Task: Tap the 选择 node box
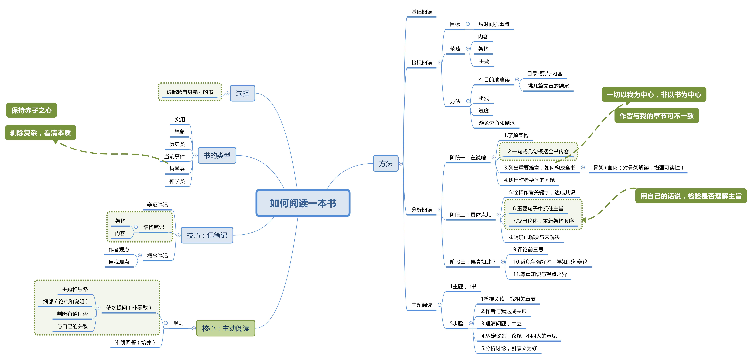(242, 93)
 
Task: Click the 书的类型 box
(217, 156)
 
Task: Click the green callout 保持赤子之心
(32, 110)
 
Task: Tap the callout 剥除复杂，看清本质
(41, 133)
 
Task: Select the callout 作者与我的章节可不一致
(657, 116)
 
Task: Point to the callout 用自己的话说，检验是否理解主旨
(691, 196)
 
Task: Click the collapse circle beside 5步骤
(471, 323)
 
